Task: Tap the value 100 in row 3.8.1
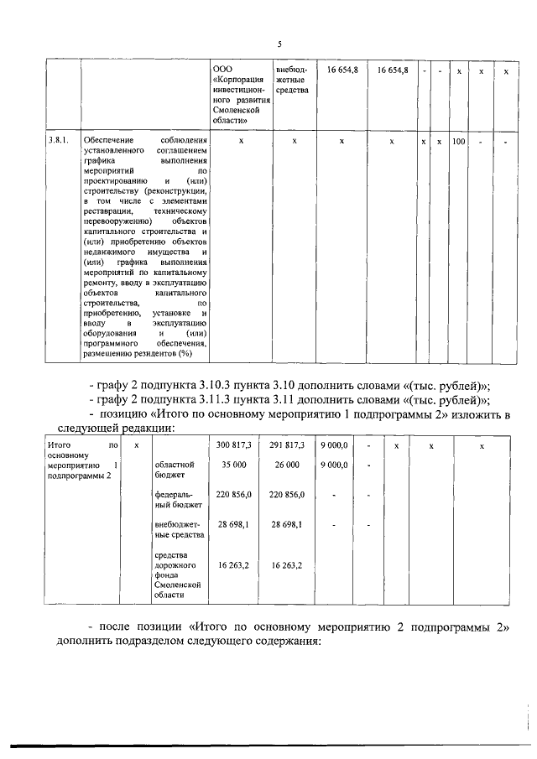(x=458, y=142)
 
